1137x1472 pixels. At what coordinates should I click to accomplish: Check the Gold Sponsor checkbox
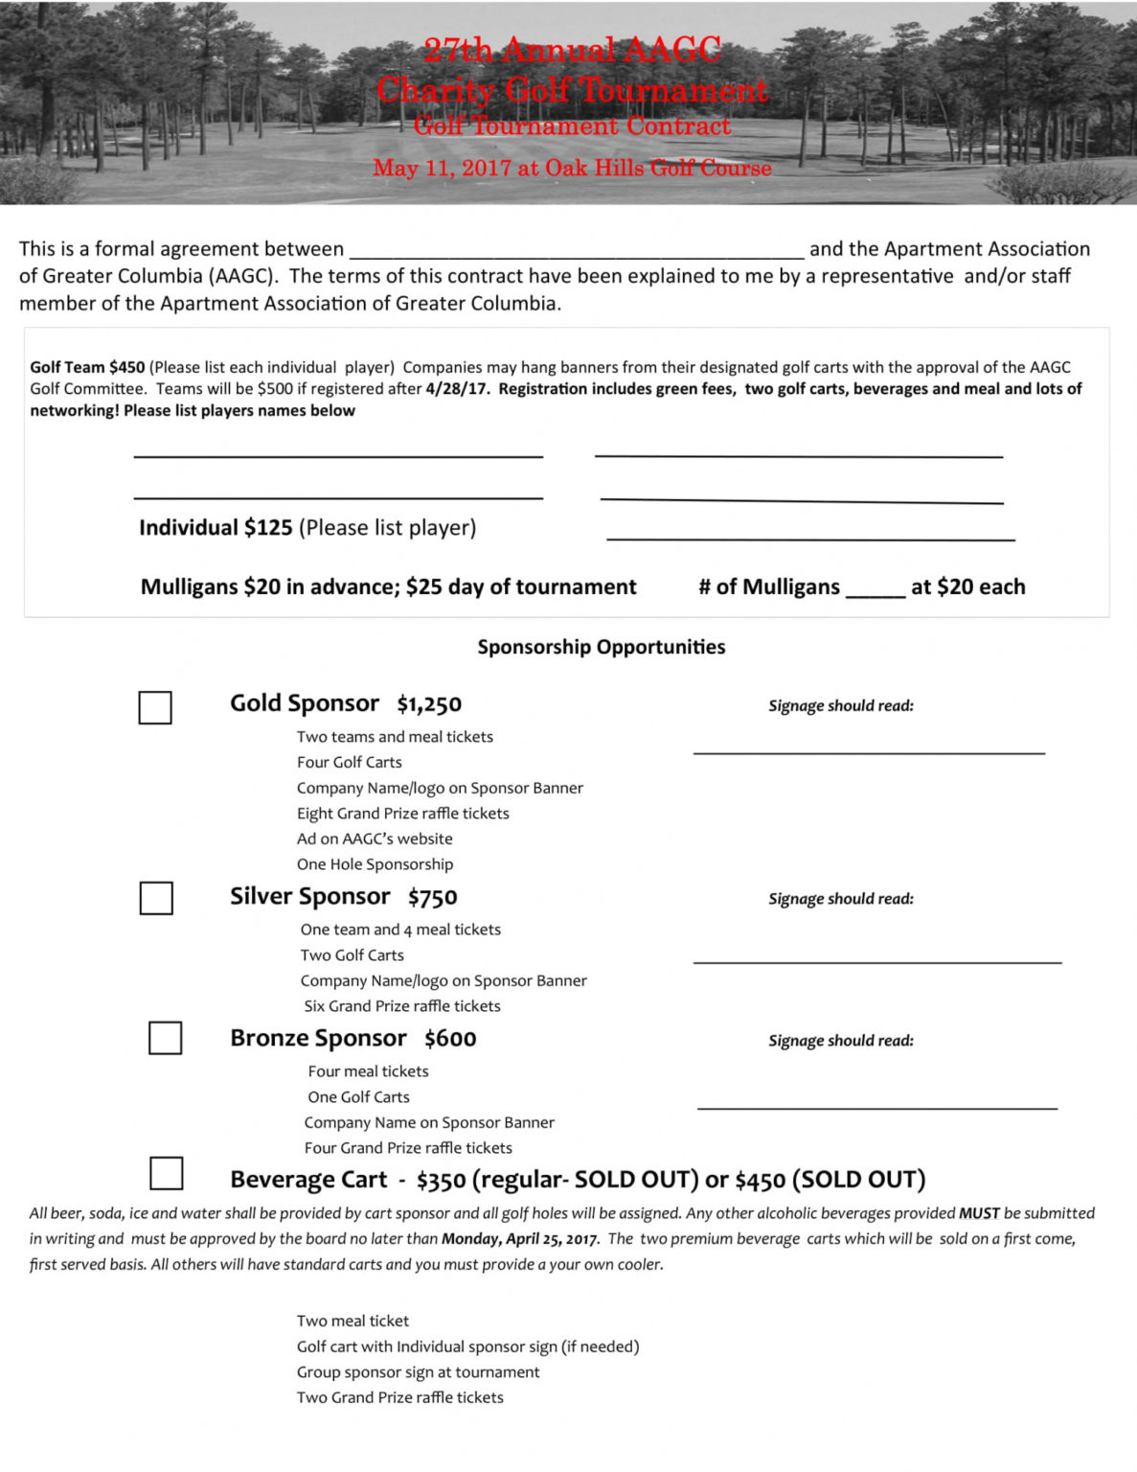[x=155, y=708]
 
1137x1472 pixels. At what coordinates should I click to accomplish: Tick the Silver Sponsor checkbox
[x=156, y=898]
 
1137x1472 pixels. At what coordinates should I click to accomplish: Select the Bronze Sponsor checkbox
[x=165, y=1038]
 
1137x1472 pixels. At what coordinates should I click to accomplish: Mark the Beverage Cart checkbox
[x=166, y=1174]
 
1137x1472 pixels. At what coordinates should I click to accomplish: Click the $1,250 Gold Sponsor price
[x=429, y=704]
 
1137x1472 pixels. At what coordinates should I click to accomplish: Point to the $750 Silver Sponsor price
[x=432, y=897]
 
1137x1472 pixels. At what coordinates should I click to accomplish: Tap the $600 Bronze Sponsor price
[x=450, y=1039]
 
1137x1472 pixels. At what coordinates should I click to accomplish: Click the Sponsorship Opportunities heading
[x=602, y=647]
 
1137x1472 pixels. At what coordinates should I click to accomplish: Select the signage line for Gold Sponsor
[x=869, y=750]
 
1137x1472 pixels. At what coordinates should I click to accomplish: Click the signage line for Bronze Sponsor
[x=876, y=1105]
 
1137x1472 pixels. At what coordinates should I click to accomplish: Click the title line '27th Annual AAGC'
[x=572, y=50]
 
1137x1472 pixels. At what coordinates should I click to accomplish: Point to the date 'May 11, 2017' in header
[x=442, y=169]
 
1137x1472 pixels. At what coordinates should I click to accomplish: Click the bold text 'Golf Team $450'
[x=87, y=367]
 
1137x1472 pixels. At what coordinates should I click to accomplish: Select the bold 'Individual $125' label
[x=216, y=528]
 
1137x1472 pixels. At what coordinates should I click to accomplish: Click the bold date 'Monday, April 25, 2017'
[x=518, y=1238]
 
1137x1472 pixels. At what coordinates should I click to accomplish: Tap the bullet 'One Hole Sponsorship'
[x=375, y=864]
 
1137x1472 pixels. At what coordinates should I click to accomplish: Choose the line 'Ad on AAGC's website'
[x=375, y=839]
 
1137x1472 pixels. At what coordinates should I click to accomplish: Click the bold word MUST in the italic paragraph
[x=979, y=1213]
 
